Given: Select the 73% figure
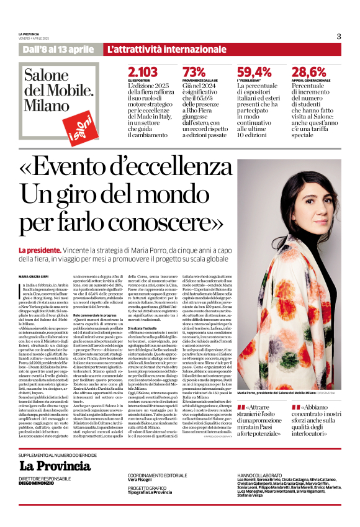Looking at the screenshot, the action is click(194, 73).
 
